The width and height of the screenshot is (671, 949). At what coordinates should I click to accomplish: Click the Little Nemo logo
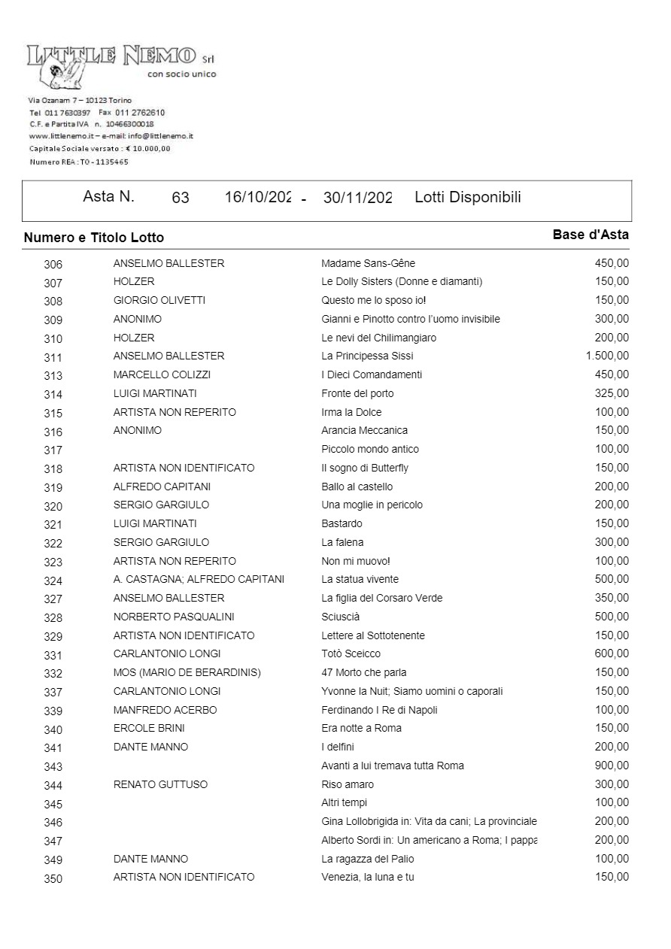(113, 60)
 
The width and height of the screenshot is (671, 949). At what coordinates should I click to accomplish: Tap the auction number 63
(181, 198)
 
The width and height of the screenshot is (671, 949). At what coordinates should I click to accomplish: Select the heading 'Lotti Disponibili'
(467, 197)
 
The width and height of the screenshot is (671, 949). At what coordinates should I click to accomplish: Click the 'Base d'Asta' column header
(591, 235)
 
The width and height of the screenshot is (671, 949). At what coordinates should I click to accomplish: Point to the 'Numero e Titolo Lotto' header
(94, 238)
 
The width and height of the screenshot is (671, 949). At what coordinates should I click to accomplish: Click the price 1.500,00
(607, 356)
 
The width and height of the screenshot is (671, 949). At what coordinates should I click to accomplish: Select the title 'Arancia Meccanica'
(364, 431)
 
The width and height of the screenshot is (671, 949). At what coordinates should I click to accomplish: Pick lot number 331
(53, 655)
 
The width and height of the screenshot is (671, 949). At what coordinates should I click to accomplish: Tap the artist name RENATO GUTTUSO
(160, 784)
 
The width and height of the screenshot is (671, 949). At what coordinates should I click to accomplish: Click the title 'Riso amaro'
(348, 784)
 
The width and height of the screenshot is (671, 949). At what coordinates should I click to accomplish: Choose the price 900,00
(612, 766)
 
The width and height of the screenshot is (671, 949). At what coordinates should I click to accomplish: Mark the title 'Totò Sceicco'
(351, 654)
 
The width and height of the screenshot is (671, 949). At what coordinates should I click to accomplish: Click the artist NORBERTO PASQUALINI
(174, 617)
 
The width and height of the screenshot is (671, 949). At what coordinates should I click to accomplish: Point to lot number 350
(53, 878)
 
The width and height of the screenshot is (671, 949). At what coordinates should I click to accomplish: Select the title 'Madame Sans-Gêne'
(368, 263)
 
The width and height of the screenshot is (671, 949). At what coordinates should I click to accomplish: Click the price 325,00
(612, 393)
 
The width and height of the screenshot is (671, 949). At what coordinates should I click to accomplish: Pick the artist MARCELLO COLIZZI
(162, 374)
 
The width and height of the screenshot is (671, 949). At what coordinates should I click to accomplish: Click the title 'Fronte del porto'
(357, 393)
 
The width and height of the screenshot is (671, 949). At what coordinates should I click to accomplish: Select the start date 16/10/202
(257, 198)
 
